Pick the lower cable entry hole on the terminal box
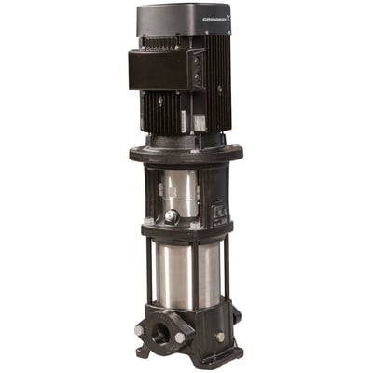(196, 82)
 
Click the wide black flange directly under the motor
(186, 151)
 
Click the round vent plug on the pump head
(172, 216)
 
